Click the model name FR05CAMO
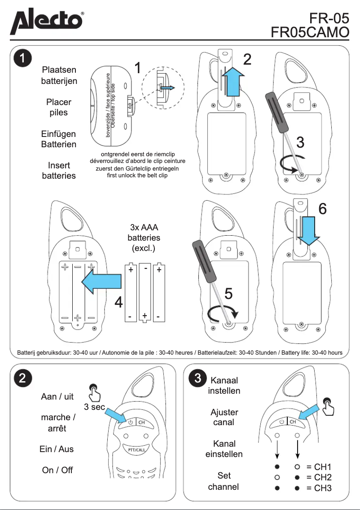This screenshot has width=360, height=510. [x=310, y=33]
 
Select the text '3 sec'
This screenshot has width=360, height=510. [x=94, y=407]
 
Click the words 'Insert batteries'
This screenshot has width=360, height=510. [x=59, y=171]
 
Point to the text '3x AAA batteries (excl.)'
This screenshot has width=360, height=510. [x=144, y=237]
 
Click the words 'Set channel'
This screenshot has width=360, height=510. [x=224, y=481]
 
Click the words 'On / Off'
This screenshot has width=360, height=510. [x=57, y=470]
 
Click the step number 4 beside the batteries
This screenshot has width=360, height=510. [x=119, y=303]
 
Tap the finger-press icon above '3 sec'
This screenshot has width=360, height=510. [x=95, y=392]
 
